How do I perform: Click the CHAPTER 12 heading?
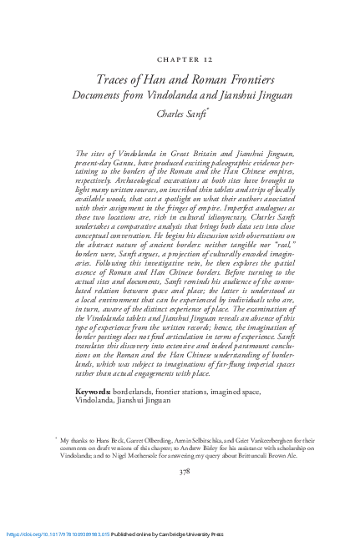pyautogui.click(x=180, y=60)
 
